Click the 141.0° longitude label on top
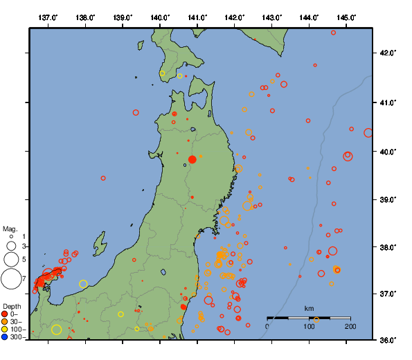pos(197,17)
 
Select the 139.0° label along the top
pos(123,17)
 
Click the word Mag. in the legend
pos(9,228)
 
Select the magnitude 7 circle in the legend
pos(10,279)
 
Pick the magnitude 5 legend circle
pos(10,259)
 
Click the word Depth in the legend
pos(11,306)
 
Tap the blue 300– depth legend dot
pos(5,337)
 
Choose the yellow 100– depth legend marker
pos(5,330)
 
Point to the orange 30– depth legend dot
pos(5,322)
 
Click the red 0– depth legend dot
pos(5,314)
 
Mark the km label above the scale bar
pos(309,308)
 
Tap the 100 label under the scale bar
pos(309,326)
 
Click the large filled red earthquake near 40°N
pos(192,159)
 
